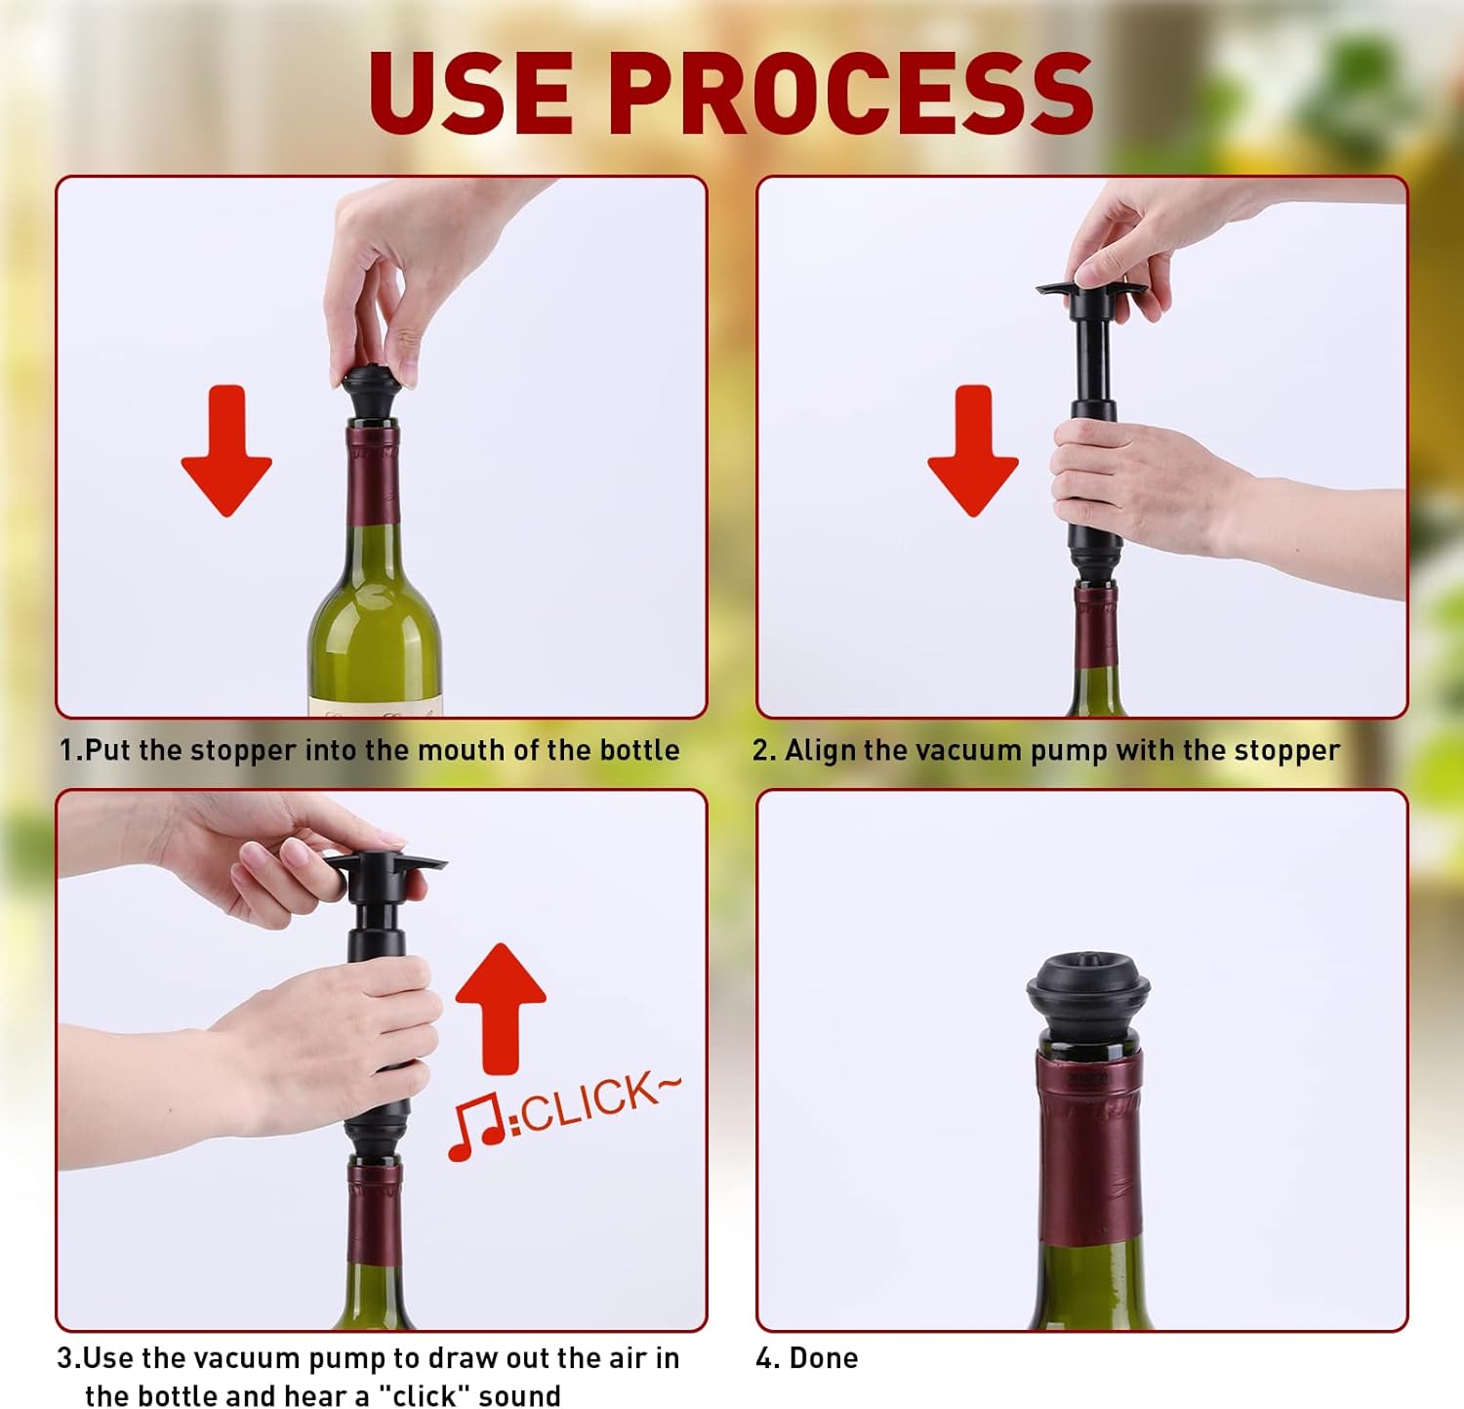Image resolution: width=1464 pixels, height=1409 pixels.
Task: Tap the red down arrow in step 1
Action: click(226, 450)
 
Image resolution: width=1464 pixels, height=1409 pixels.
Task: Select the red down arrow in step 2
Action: click(973, 450)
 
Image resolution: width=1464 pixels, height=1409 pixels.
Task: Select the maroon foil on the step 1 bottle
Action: click(372, 473)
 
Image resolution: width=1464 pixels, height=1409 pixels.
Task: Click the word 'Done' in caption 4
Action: click(823, 1357)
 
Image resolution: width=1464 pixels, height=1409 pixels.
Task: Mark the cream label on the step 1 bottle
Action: click(375, 707)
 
